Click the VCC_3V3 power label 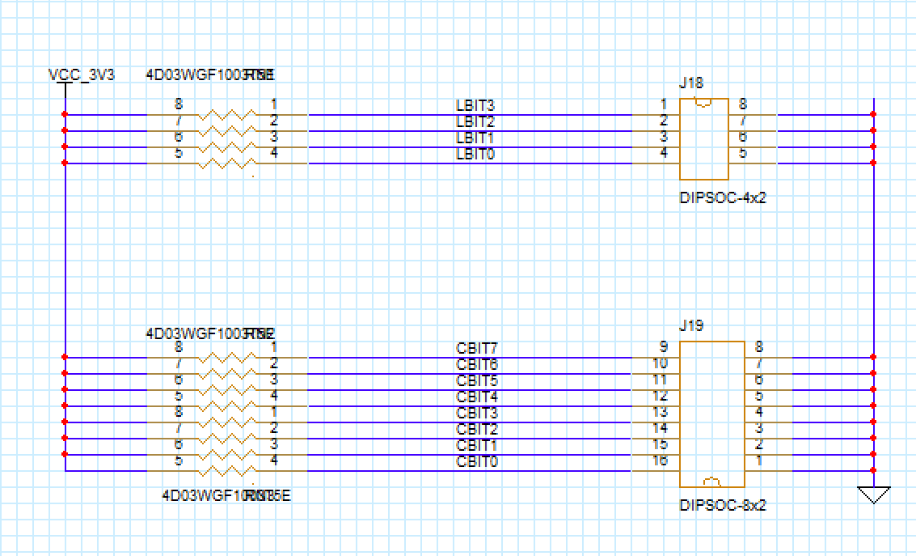[x=81, y=75]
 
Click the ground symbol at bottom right [x=873, y=494]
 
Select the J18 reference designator [x=691, y=83]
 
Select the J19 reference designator [x=691, y=325]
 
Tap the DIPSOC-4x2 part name [x=723, y=197]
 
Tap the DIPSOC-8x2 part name [x=723, y=505]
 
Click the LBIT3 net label [x=475, y=105]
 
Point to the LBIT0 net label [x=475, y=154]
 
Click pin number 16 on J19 [x=660, y=461]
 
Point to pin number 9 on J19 [x=663, y=347]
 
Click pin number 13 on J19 [x=660, y=412]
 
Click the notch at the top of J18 [x=703, y=103]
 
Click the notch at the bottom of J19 [x=711, y=482]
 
